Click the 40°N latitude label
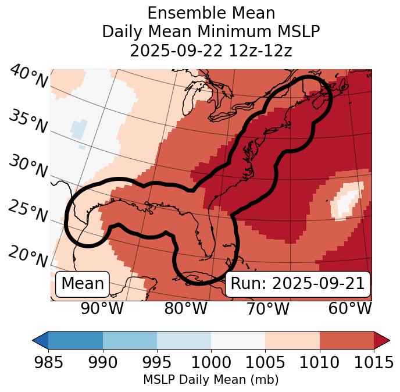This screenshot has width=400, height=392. click(28, 77)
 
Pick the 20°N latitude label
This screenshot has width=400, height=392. click(28, 256)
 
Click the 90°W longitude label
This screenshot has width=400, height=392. click(102, 309)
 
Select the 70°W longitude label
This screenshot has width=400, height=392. click(267, 309)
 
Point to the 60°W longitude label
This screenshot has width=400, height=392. click(350, 309)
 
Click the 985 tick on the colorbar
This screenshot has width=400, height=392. click(48, 362)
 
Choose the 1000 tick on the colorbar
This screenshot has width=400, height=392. click(211, 362)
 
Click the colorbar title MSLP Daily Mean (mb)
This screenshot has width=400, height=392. click(210, 380)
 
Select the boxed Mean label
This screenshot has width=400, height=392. click(83, 284)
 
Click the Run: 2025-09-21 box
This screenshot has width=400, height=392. click(298, 284)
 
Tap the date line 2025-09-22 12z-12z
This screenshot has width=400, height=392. click(210, 51)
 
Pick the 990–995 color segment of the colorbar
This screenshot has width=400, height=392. click(130, 340)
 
